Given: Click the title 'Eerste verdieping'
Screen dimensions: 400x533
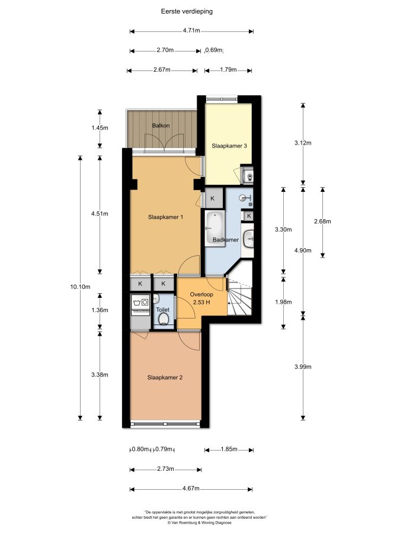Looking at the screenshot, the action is coord(187,11).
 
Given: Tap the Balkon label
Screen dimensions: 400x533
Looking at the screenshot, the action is coord(161,126).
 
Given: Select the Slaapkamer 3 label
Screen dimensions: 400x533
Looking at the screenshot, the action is coord(229,146).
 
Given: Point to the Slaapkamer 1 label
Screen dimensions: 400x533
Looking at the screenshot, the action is coord(166,217).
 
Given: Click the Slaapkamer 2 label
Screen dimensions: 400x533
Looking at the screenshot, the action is coord(165,377).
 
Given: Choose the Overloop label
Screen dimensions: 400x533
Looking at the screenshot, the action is coord(201,294).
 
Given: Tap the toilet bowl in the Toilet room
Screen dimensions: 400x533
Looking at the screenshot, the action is coord(164,319).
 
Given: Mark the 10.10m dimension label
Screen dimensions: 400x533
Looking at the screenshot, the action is coord(80,287).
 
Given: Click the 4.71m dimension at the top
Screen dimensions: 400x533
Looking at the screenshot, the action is coord(191,30).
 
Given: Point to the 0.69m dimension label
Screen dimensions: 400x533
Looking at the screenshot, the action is coord(214,50).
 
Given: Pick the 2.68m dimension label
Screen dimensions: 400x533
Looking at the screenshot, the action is coord(322,221).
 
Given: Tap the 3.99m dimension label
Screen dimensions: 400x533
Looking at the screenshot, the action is coord(303,367).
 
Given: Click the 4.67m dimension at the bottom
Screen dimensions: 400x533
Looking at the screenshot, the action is coord(191,489).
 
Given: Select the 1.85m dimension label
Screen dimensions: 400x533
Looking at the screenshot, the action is coord(229,449).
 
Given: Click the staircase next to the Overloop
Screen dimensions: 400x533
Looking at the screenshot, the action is coord(239,296).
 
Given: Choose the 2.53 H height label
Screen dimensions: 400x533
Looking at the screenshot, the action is coord(201,302).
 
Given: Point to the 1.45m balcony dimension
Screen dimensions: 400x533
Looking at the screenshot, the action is coord(100,128).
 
